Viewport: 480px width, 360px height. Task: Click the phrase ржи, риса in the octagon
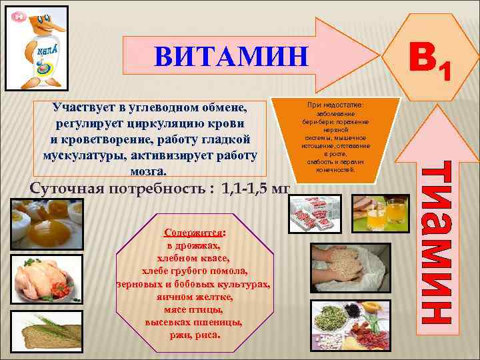(194, 335)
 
